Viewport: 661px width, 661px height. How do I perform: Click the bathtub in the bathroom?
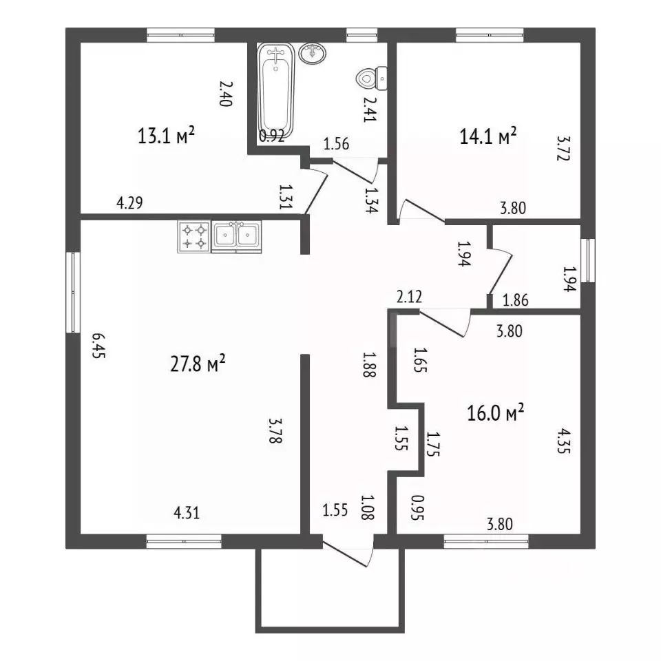[x=275, y=91]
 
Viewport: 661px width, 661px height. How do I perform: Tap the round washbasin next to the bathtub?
[x=313, y=54]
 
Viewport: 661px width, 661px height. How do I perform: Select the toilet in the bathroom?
[x=372, y=78]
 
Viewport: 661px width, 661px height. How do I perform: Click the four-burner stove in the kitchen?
[x=194, y=237]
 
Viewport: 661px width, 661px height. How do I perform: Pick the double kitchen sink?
[x=236, y=236]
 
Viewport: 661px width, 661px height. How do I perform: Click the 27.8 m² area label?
[x=198, y=364]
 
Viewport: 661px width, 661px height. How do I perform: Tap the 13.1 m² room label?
[x=166, y=136]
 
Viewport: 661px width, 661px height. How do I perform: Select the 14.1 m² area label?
[x=487, y=136]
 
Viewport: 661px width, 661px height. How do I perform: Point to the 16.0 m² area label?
[x=495, y=412]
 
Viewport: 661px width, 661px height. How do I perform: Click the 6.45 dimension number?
[x=98, y=346]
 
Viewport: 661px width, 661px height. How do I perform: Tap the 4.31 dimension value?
[x=187, y=512]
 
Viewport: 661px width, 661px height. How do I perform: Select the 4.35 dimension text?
[x=564, y=441]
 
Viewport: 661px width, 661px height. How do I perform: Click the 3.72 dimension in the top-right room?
[x=563, y=148]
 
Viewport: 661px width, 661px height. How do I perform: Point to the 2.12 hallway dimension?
[x=409, y=297]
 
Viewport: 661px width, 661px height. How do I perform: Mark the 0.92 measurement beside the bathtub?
[x=271, y=136]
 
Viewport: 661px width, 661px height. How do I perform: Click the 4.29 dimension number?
[x=130, y=202]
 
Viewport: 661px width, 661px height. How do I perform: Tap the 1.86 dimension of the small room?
[x=516, y=300]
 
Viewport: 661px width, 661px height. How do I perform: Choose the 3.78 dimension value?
[x=275, y=431]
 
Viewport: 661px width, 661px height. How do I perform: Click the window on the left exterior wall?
[x=74, y=293]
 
